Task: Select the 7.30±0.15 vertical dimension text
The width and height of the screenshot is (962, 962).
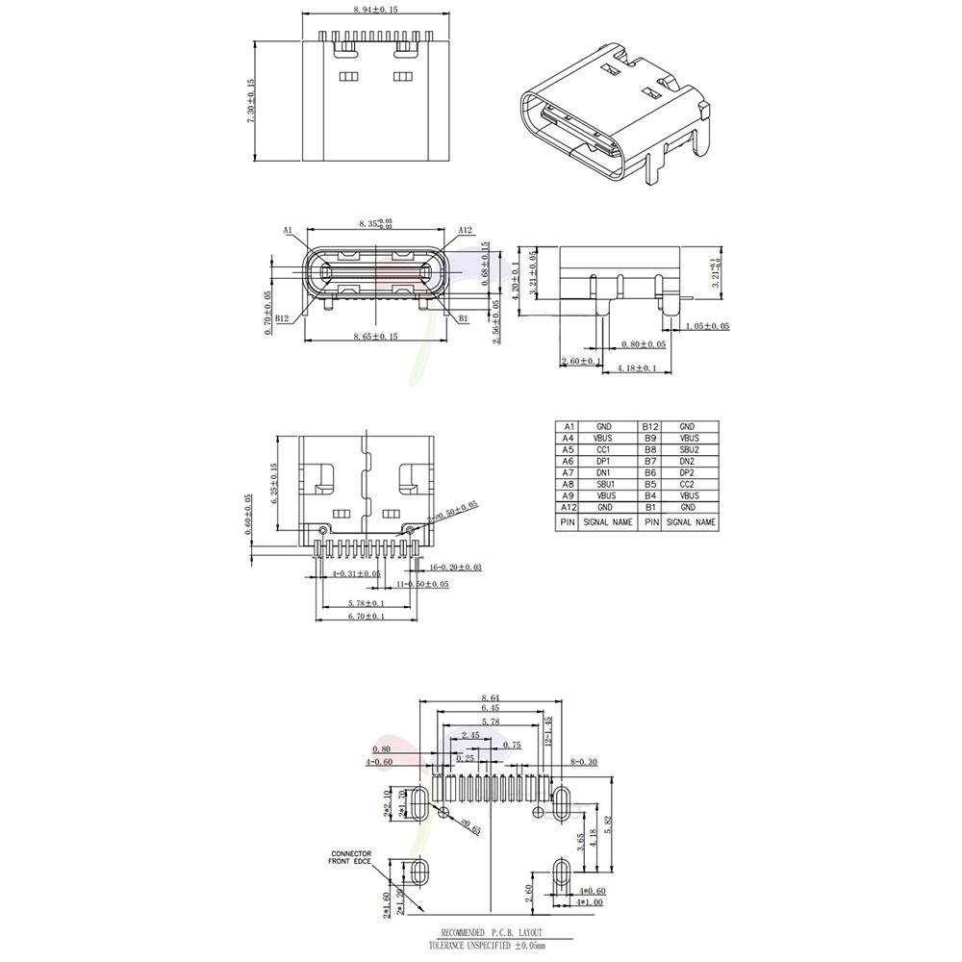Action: click(x=251, y=99)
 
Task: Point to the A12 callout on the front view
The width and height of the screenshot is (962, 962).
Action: click(x=465, y=231)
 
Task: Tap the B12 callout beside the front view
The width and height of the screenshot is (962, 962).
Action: click(x=282, y=318)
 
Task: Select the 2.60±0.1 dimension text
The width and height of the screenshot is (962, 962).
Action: click(x=581, y=361)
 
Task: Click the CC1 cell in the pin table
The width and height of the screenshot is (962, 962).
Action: click(x=604, y=449)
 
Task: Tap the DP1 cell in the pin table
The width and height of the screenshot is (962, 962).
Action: click(x=604, y=461)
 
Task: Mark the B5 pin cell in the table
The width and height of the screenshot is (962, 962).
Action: click(x=650, y=484)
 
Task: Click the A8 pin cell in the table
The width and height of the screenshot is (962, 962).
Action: click(x=569, y=484)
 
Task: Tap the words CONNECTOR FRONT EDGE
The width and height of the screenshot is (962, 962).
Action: click(x=351, y=858)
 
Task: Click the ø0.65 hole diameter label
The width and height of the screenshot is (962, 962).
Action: click(x=470, y=824)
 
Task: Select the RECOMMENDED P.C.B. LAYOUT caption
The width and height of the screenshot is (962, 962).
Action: click(x=492, y=933)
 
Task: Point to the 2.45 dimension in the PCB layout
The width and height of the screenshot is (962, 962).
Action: click(x=470, y=736)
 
